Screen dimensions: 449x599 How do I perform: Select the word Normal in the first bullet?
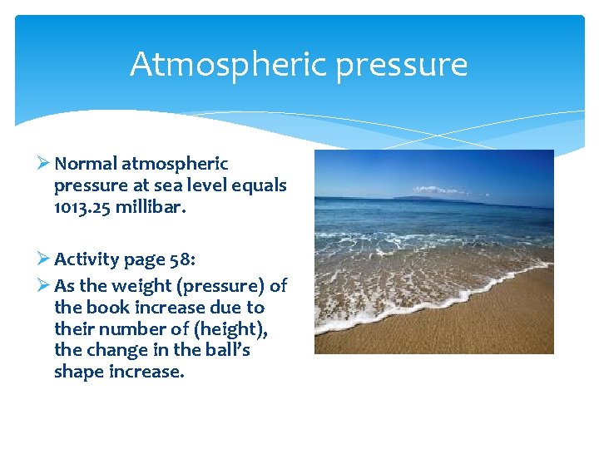click(86, 164)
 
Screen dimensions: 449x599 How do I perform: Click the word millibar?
click(151, 207)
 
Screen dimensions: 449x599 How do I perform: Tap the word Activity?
click(87, 259)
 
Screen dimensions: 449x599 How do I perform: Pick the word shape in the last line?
click(79, 372)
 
